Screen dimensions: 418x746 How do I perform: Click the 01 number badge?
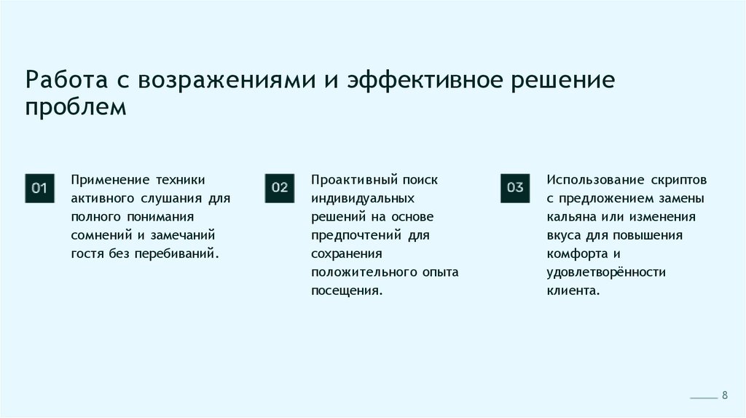pos(39,189)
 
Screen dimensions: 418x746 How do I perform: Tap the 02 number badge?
pos(280,188)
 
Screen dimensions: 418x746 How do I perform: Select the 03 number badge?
pos(515,188)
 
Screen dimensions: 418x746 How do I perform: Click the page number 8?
pos(725,395)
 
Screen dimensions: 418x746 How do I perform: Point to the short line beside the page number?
pos(703,398)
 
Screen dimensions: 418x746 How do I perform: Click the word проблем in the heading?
pos(76,108)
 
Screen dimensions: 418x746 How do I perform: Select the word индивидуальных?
pos(363,198)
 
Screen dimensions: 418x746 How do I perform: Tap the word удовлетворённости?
pos(606,272)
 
